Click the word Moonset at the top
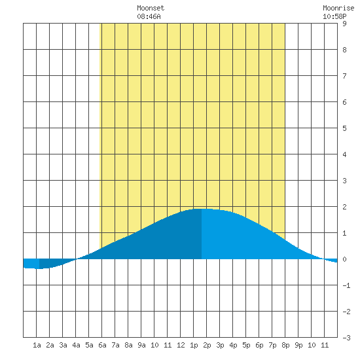(x=151, y=8)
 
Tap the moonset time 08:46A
(x=149, y=16)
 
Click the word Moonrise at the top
(x=338, y=8)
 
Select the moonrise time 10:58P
(x=334, y=16)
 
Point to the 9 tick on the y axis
(x=344, y=24)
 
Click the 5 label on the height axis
(x=344, y=128)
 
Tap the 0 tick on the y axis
(x=344, y=259)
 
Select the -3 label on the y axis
(x=346, y=338)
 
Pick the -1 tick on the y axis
(x=346, y=285)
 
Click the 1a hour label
(x=37, y=345)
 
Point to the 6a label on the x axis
(x=102, y=345)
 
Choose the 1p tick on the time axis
(x=194, y=345)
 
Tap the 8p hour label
(x=285, y=345)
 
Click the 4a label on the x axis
(x=76, y=345)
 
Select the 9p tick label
(x=298, y=345)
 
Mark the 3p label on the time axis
(x=220, y=345)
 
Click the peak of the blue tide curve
(x=202, y=209)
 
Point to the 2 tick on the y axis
(x=344, y=207)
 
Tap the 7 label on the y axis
(x=344, y=76)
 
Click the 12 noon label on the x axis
(x=181, y=345)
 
